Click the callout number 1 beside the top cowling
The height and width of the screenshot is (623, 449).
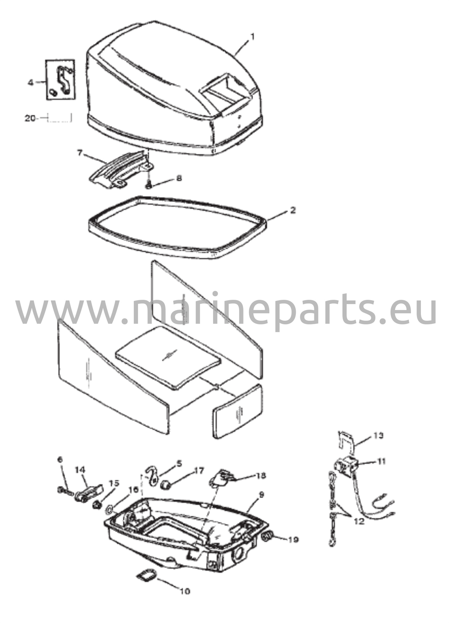[x=252, y=37]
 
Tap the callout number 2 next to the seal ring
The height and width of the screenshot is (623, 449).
[x=293, y=210]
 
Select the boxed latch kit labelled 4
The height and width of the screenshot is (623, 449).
[x=60, y=80]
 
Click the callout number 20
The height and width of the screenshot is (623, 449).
[x=30, y=118]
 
